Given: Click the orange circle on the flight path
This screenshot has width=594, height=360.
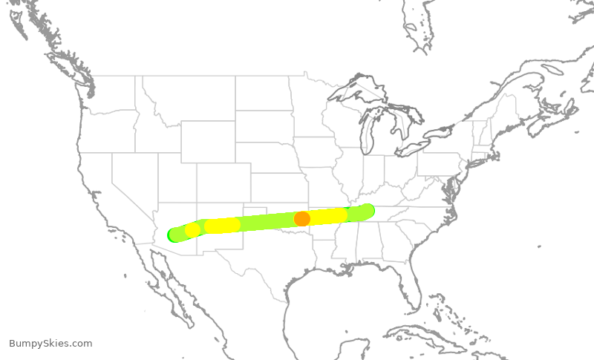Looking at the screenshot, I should point(302,218).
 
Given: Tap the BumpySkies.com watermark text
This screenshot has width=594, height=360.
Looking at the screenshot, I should point(50,343).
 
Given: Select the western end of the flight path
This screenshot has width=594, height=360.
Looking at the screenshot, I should point(175,235).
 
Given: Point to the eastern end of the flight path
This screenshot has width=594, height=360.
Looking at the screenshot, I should point(367,211).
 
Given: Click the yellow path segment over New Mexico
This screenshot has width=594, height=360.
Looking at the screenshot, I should point(222,225).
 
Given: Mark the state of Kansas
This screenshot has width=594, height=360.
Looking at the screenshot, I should point(279,189).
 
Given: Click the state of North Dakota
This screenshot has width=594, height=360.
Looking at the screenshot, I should point(264,93).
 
